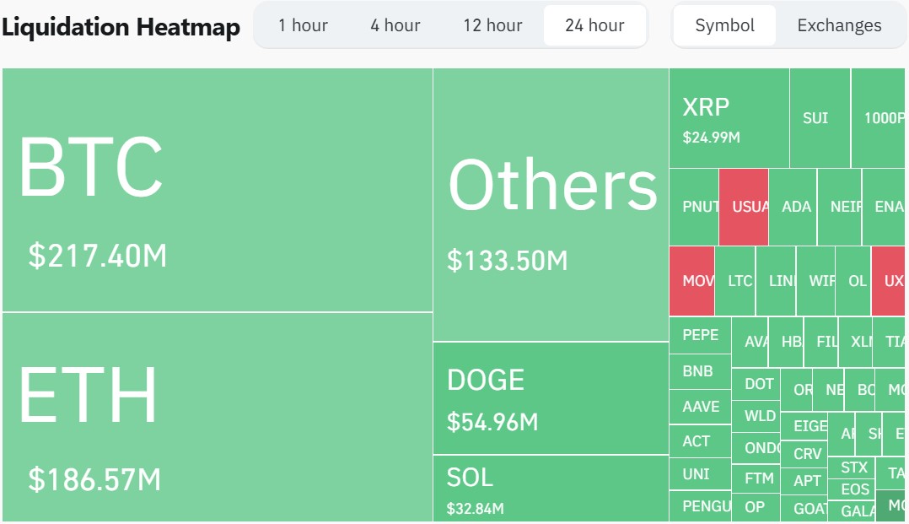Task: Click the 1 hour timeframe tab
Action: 303,25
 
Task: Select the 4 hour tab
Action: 395,25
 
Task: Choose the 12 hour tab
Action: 492,25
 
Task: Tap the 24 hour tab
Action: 594,25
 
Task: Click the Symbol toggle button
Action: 724,25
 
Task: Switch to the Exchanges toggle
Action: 839,25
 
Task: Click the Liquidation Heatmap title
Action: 121,27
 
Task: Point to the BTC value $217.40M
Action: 98,255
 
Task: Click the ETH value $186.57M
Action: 94,479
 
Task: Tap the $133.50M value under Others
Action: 508,260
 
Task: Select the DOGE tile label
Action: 486,380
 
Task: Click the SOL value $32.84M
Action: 475,509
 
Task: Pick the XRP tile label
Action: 706,107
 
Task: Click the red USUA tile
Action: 744,207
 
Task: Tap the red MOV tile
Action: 692,281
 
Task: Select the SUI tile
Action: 815,118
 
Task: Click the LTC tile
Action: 740,281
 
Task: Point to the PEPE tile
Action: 700,335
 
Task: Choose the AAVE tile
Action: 700,407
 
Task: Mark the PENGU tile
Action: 700,507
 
